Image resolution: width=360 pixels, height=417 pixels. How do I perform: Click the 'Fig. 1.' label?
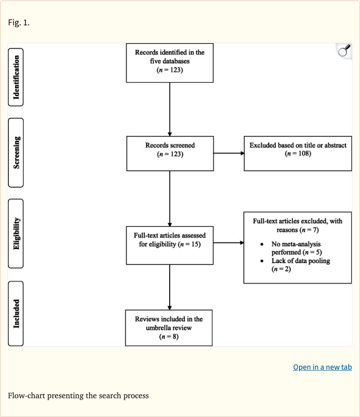pyautogui.click(x=19, y=22)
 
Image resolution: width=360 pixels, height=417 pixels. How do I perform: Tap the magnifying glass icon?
pyautogui.click(x=344, y=50)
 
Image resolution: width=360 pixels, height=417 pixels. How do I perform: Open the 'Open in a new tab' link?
pyautogui.click(x=322, y=367)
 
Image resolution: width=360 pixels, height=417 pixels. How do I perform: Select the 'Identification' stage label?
pyautogui.click(x=16, y=77)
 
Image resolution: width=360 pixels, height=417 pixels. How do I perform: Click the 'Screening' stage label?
pyautogui.click(x=16, y=152)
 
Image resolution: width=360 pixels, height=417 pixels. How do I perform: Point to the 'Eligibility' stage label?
pyautogui.click(x=16, y=233)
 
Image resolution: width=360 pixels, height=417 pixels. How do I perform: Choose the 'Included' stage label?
pyautogui.click(x=16, y=313)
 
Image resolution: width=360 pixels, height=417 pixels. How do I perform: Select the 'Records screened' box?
pyautogui.click(x=170, y=153)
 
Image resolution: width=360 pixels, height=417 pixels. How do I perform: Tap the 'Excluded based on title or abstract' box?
pyautogui.click(x=298, y=153)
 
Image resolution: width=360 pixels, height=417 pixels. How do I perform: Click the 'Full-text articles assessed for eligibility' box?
pyautogui.click(x=170, y=244)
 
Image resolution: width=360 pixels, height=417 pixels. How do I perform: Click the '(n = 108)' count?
pyautogui.click(x=298, y=154)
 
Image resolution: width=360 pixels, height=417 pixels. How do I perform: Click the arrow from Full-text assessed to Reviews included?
pyautogui.click(x=169, y=286)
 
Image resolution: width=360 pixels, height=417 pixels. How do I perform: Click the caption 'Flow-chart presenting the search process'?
pyautogui.click(x=78, y=395)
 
